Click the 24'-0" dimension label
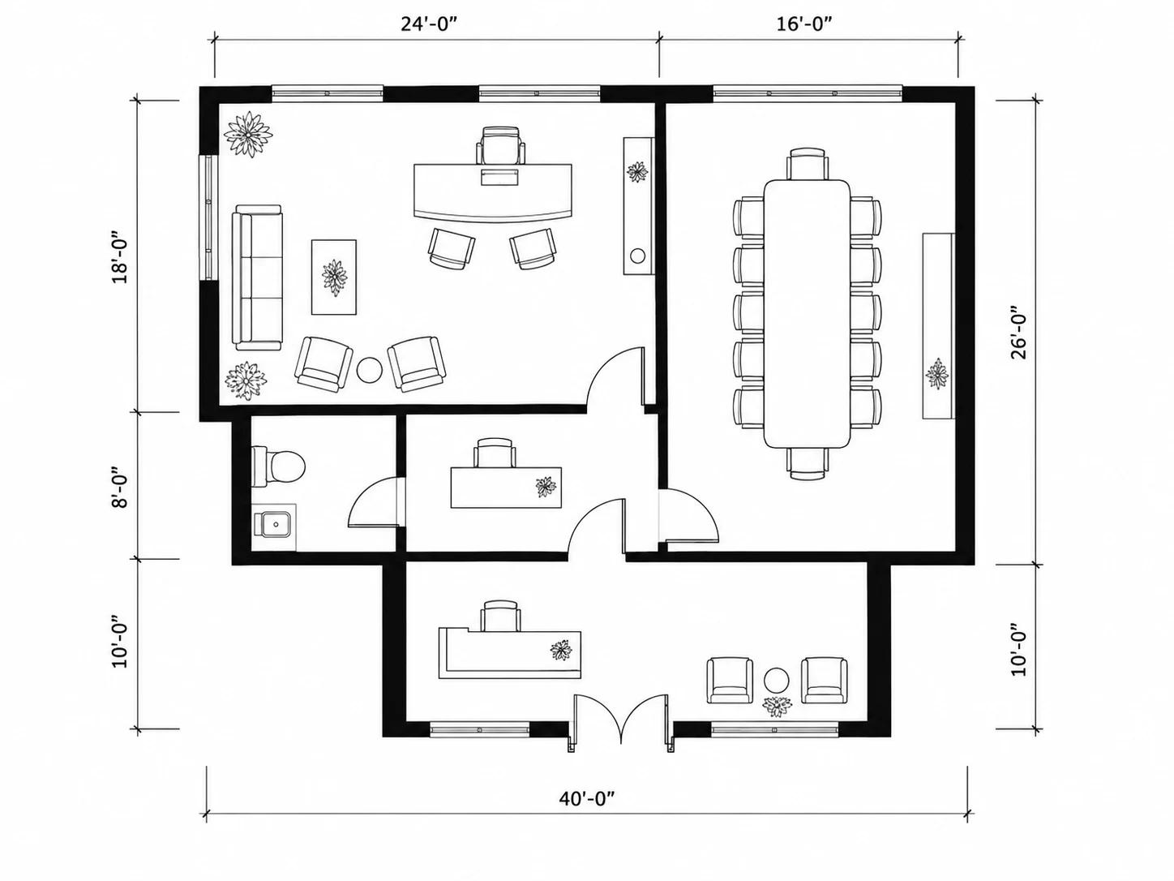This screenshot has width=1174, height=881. pyautogui.click(x=430, y=24)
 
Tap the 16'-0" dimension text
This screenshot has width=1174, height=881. pyautogui.click(x=806, y=24)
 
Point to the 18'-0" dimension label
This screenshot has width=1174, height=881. pyautogui.click(x=120, y=257)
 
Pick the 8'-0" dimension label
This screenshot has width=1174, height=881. pyautogui.click(x=120, y=488)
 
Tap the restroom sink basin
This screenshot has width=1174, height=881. pyautogui.click(x=274, y=525)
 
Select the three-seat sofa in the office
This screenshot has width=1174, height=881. pyautogui.click(x=257, y=277)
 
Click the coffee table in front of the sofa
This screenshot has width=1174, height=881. pyautogui.click(x=334, y=277)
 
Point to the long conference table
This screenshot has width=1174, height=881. pyautogui.click(x=807, y=313)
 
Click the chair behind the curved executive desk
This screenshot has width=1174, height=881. pyautogui.click(x=500, y=145)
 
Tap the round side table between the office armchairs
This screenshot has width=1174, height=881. pyautogui.click(x=370, y=370)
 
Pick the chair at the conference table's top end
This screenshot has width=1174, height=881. pyautogui.click(x=808, y=165)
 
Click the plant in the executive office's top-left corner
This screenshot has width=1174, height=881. pyautogui.click(x=247, y=135)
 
